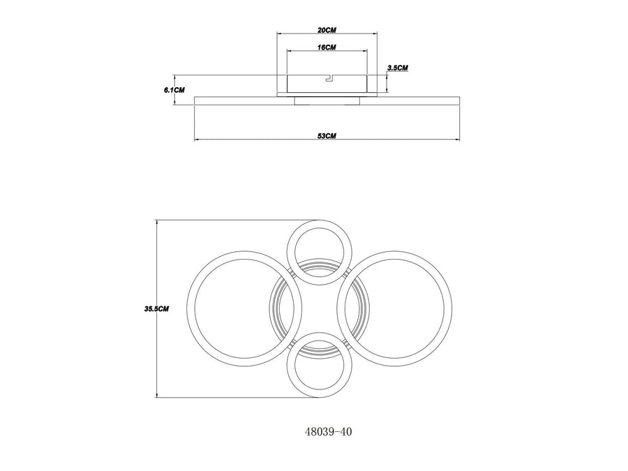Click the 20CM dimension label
tap(327, 31)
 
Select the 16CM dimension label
tap(327, 47)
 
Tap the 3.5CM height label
tap(398, 68)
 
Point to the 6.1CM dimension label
tap(174, 90)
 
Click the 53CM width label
tap(327, 136)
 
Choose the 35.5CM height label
tap(156, 309)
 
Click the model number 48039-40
tap(329, 432)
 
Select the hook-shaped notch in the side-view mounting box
tap(329, 78)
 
